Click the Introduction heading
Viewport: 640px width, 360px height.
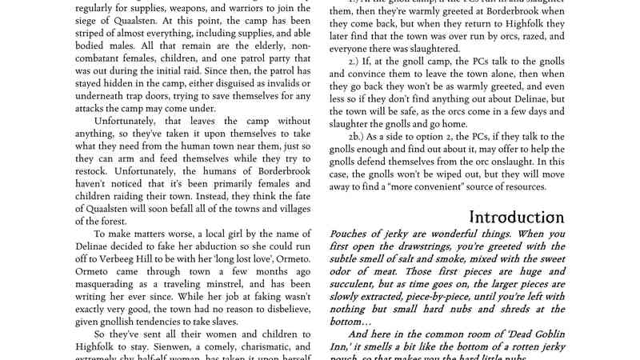click(517, 217)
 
